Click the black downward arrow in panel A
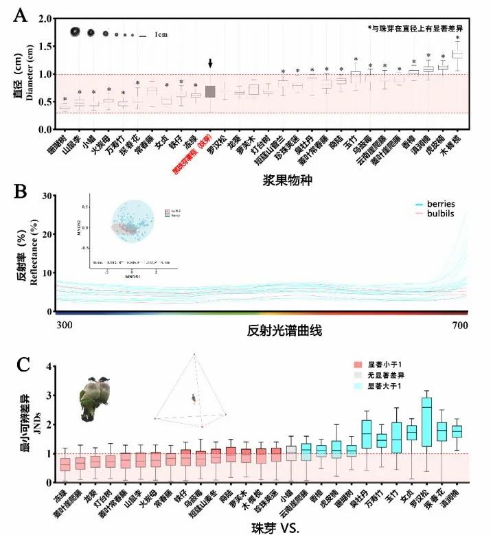pos(210,63)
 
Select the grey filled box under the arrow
pos(210,92)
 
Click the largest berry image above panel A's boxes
pos(75,32)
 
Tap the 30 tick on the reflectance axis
pos(48,196)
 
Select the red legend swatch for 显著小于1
pos(357,364)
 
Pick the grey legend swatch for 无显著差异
pos(357,376)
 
